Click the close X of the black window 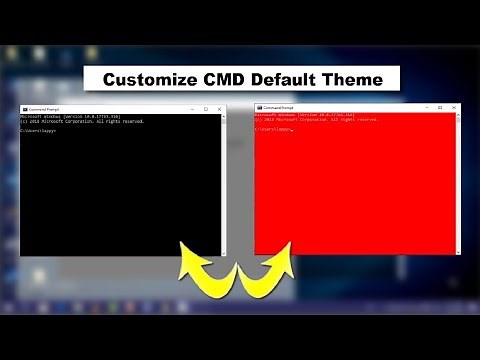pos(220,109)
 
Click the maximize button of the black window pos(205,109)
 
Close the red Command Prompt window pos(453,106)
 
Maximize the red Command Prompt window pos(439,106)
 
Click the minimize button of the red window pos(425,106)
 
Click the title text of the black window pos(45,109)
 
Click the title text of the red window pos(279,106)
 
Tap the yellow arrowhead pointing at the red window pos(281,263)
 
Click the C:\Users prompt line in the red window pos(273,129)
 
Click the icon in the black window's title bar pos(24,109)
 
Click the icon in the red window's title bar pos(260,106)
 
